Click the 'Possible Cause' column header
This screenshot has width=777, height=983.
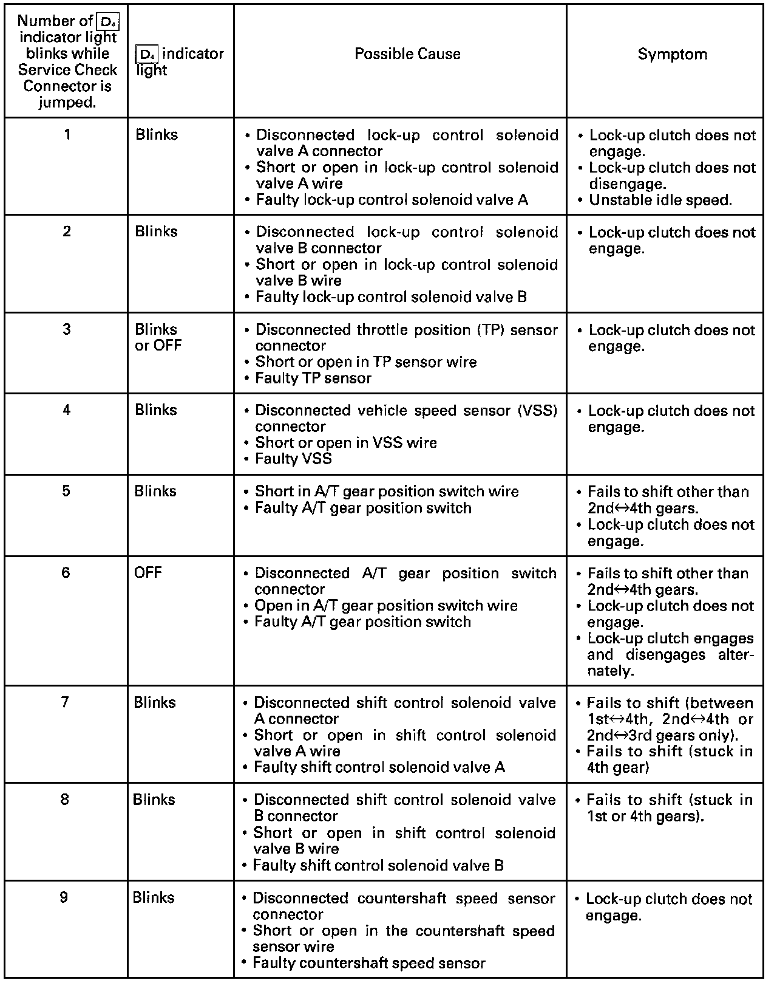pyautogui.click(x=407, y=54)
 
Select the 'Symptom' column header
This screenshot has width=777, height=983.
pyautogui.click(x=672, y=54)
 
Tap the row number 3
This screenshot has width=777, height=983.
pyautogui.click(x=67, y=329)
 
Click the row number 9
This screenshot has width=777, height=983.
pyautogui.click(x=64, y=897)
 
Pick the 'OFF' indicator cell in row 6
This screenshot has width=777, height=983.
pyautogui.click(x=148, y=573)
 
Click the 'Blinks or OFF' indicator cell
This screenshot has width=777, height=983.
pyautogui.click(x=158, y=337)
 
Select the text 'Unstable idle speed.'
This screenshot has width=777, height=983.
pyautogui.click(x=660, y=200)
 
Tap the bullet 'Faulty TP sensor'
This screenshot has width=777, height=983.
pyautogui.click(x=313, y=378)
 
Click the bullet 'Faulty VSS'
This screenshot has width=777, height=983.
pyautogui.click(x=293, y=459)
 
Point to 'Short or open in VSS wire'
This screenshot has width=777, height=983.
pyautogui.click(x=346, y=442)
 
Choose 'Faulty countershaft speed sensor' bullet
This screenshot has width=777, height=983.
pyautogui.click(x=369, y=963)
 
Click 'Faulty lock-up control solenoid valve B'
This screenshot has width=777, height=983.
pyautogui.click(x=391, y=296)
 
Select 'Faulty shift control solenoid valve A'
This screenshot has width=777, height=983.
pyautogui.click(x=379, y=767)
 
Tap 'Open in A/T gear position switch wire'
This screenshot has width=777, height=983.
pyautogui.click(x=386, y=605)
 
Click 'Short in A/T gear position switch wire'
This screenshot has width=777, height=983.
pyautogui.click(x=387, y=491)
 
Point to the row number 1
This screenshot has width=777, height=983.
pyautogui.click(x=67, y=134)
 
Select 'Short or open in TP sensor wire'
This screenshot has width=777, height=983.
pyautogui.click(x=366, y=361)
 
